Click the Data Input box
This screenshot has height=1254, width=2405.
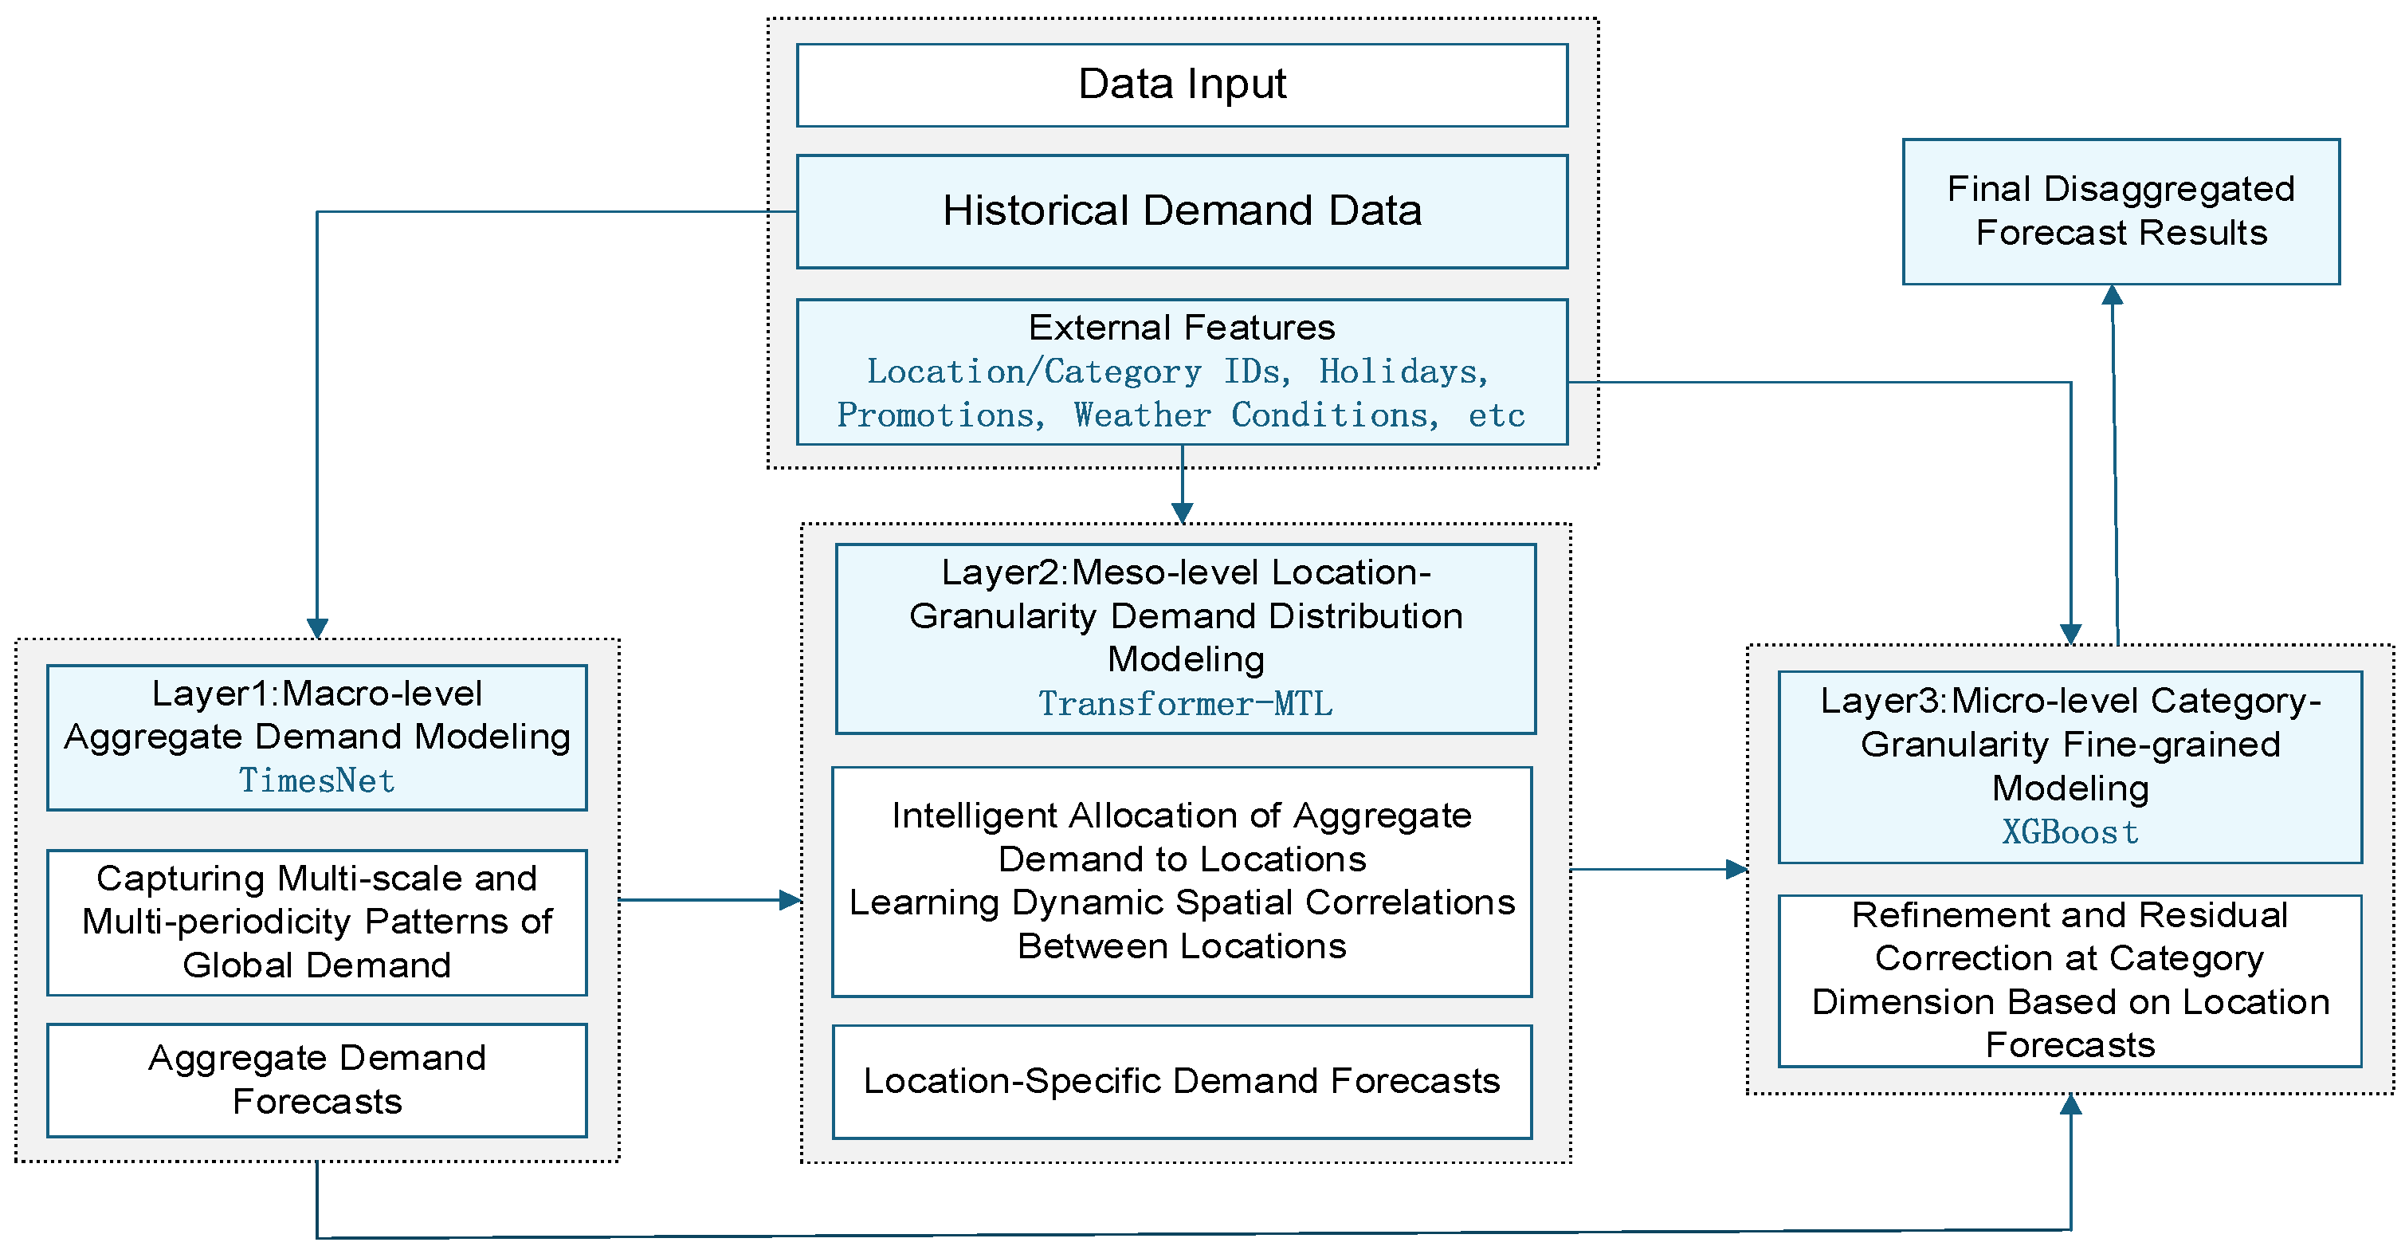[1182, 85]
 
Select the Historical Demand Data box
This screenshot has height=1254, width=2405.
[1182, 212]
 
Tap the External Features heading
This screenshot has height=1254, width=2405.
[1182, 328]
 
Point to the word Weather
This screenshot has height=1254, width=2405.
[1142, 415]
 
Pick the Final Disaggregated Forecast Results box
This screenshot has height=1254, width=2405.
[2121, 212]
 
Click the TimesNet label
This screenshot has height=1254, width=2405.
[317, 780]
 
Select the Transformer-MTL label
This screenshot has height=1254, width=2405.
[1186, 704]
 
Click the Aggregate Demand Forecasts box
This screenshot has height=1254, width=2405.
[317, 1080]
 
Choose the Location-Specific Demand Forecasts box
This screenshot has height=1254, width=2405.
[1182, 1081]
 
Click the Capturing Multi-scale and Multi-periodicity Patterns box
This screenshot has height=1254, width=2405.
[317, 922]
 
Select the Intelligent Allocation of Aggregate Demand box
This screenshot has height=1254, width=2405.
[1182, 882]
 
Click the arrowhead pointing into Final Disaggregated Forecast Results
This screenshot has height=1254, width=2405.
[2113, 295]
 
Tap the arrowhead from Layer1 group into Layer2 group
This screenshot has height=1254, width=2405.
[790, 900]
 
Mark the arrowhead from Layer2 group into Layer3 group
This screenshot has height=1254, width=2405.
[1736, 869]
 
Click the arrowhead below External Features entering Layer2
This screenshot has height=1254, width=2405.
[1182, 513]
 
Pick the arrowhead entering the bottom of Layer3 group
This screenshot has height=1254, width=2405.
[2071, 1105]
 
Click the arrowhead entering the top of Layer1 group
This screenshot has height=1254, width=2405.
[317, 628]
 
